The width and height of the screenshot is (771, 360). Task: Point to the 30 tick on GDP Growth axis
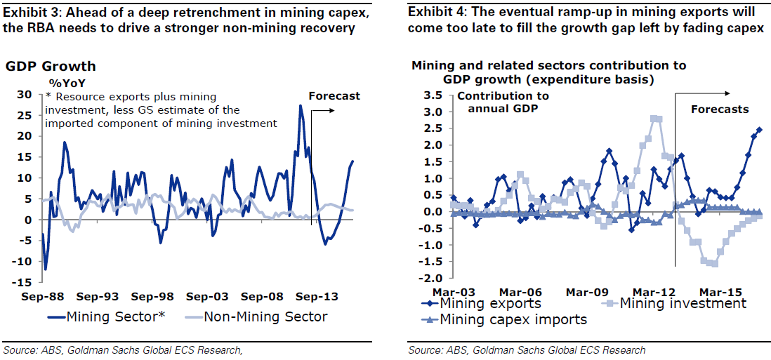click(25, 95)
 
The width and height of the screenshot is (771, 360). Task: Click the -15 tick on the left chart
click(22, 282)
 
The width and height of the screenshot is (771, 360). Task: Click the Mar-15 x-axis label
click(718, 292)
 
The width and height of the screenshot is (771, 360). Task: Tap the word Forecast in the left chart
click(334, 96)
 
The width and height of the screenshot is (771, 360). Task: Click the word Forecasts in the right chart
click(720, 109)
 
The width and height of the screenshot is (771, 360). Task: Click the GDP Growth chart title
click(51, 67)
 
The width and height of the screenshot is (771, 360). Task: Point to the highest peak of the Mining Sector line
click(301, 106)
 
